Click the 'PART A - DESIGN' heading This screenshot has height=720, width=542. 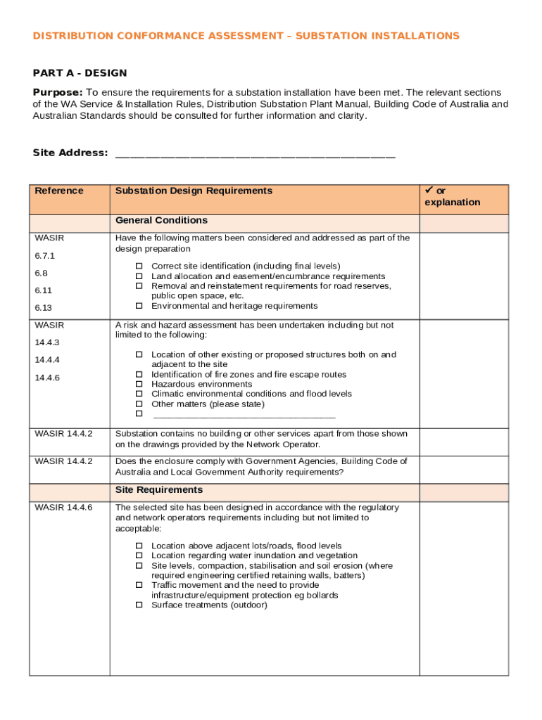[x=80, y=73]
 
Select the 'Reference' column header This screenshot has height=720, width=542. [x=59, y=191]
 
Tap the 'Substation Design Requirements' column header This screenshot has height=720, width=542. [x=194, y=191]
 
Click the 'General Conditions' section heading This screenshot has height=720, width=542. [x=161, y=221]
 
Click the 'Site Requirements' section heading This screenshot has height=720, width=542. [x=159, y=490]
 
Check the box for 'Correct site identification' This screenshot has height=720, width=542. [x=139, y=266]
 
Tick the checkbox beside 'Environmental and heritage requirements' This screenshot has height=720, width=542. [x=139, y=306]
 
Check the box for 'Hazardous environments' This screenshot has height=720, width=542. [x=139, y=385]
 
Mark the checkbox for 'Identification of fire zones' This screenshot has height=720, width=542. [x=139, y=375]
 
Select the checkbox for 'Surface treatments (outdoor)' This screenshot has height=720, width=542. [x=139, y=605]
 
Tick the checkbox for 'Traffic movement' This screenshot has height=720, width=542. [x=139, y=585]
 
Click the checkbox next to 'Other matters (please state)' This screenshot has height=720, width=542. [x=139, y=404]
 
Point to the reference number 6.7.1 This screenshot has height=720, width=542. [x=45, y=256]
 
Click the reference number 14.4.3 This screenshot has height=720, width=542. [x=47, y=342]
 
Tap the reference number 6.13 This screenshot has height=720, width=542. [x=43, y=308]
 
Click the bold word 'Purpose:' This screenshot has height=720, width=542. [x=58, y=93]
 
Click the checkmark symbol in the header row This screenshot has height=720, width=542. [x=429, y=191]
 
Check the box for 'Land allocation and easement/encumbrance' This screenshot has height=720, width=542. [x=139, y=276]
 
